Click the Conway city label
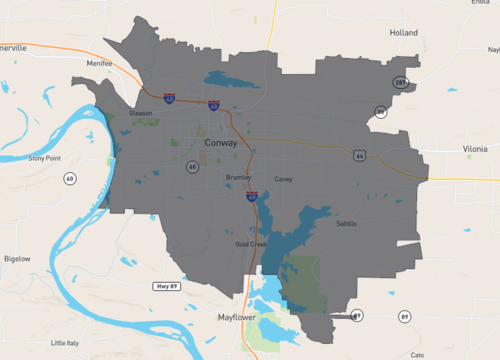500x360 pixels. pos(220,144)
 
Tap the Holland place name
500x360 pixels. pos(403,33)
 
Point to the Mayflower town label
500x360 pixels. pos(239,317)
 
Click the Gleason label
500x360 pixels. pos(141,113)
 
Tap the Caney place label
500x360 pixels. pos(283,179)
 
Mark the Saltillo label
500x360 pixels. pos(346,224)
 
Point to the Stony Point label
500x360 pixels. pos(45,158)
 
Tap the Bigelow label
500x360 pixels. pos(17,258)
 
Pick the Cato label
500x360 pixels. pos(417,354)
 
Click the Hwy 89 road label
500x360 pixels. pos(166,286)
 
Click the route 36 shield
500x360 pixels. pos(380,111)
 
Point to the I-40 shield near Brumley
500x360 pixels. pos(251,198)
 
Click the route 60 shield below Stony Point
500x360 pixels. pos(69,178)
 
